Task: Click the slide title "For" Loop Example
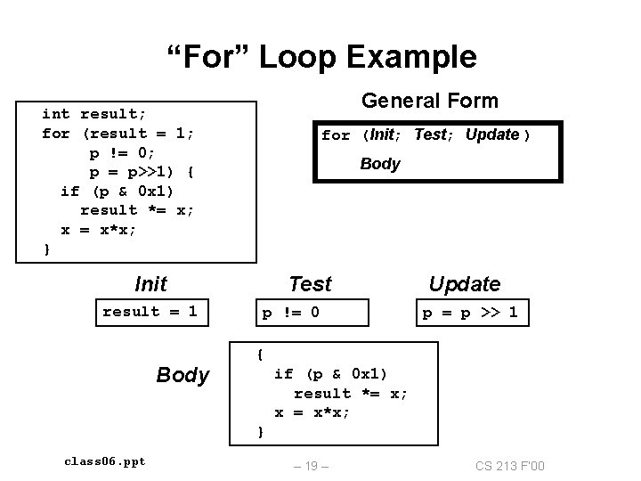tap(322, 57)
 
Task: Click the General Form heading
tap(429, 102)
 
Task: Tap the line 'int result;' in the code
tap(94, 114)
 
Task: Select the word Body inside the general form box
tap(380, 164)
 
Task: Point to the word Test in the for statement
tap(430, 135)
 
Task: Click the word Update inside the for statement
tap(492, 135)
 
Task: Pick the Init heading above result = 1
tap(150, 284)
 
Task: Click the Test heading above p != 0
tap(310, 284)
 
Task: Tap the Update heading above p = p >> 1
tap(464, 284)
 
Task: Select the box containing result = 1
tap(150, 312)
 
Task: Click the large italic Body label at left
tap(183, 375)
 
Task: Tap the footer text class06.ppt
tap(105, 461)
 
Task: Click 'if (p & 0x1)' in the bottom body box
tap(330, 373)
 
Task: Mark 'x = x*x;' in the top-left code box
tap(98, 229)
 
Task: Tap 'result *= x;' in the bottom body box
tap(351, 393)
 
